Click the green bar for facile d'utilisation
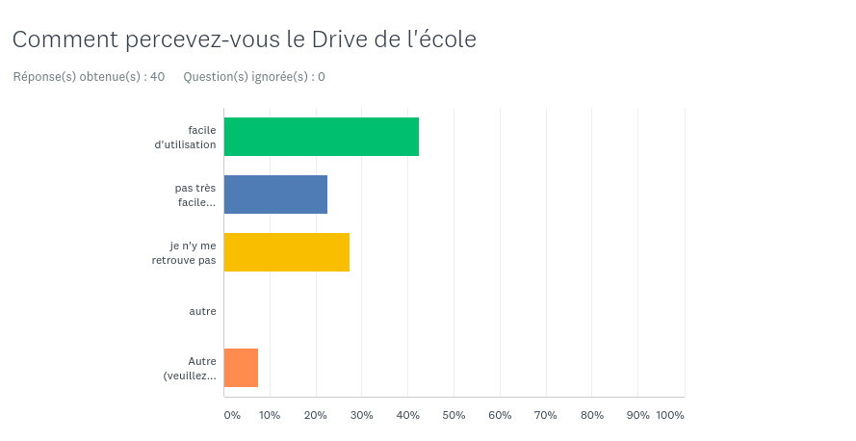[x=321, y=137]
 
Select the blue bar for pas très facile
[x=275, y=195]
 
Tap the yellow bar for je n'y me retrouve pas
[x=286, y=252]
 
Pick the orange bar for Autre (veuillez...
[x=241, y=368]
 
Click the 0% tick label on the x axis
[x=232, y=415]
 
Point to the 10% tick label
[x=270, y=415]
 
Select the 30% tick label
[x=361, y=415]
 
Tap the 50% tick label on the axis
[x=454, y=415]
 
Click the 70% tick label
[x=546, y=415]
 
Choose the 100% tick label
[x=670, y=415]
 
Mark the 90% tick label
[x=637, y=415]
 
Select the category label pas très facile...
[x=195, y=195]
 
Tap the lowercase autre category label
[x=202, y=311]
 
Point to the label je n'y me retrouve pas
[x=184, y=252]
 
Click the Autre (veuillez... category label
[x=190, y=368]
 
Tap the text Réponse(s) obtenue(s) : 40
[x=89, y=77]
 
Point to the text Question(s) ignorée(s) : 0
[x=253, y=77]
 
